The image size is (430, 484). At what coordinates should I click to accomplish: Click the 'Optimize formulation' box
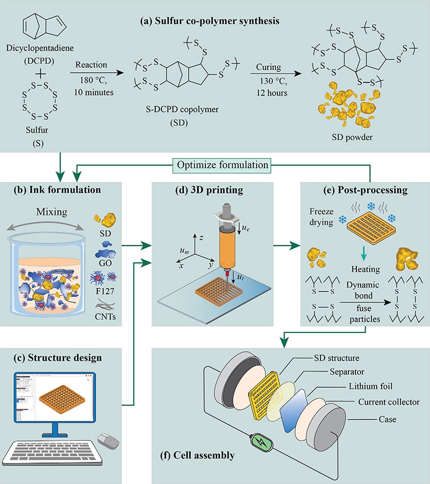point(220,165)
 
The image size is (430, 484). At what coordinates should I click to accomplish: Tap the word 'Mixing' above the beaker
point(52,212)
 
